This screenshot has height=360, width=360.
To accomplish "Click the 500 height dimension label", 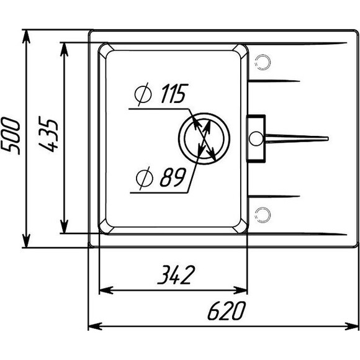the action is [11, 136].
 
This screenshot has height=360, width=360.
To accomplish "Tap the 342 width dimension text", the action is [176, 274].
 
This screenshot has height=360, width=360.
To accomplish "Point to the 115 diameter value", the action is [174, 94].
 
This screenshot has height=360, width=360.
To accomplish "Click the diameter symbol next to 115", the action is [143, 94].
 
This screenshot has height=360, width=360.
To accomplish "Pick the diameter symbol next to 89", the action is [144, 178].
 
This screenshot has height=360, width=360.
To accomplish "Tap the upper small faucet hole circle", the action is [263, 62].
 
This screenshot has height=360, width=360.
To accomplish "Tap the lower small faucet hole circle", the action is [263, 215].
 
